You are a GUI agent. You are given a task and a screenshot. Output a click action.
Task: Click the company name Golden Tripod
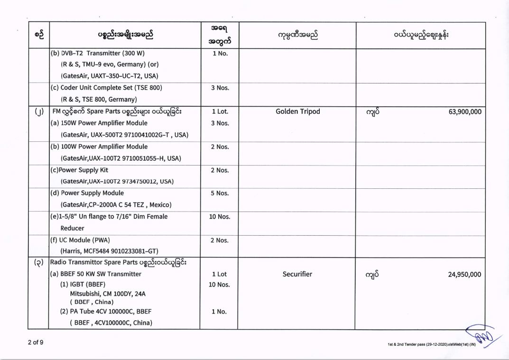297,112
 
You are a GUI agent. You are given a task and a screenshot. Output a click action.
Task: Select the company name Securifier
297,274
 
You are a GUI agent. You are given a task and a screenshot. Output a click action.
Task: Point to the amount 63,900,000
465,112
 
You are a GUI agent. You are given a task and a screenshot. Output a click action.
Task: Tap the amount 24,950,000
464,274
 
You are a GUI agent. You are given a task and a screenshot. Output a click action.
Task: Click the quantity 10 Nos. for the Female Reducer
220,217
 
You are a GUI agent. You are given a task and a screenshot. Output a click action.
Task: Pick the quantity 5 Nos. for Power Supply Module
220,194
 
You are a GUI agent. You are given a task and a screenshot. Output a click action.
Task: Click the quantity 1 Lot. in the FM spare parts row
220,112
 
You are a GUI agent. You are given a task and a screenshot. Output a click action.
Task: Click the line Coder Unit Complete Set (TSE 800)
106,88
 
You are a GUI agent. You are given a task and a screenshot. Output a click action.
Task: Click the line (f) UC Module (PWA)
80,240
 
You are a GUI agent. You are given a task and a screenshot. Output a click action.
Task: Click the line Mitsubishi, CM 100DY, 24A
107,294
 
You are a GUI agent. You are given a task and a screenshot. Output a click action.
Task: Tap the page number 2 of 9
36,342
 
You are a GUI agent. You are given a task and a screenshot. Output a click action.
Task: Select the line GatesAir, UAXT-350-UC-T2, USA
109,76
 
